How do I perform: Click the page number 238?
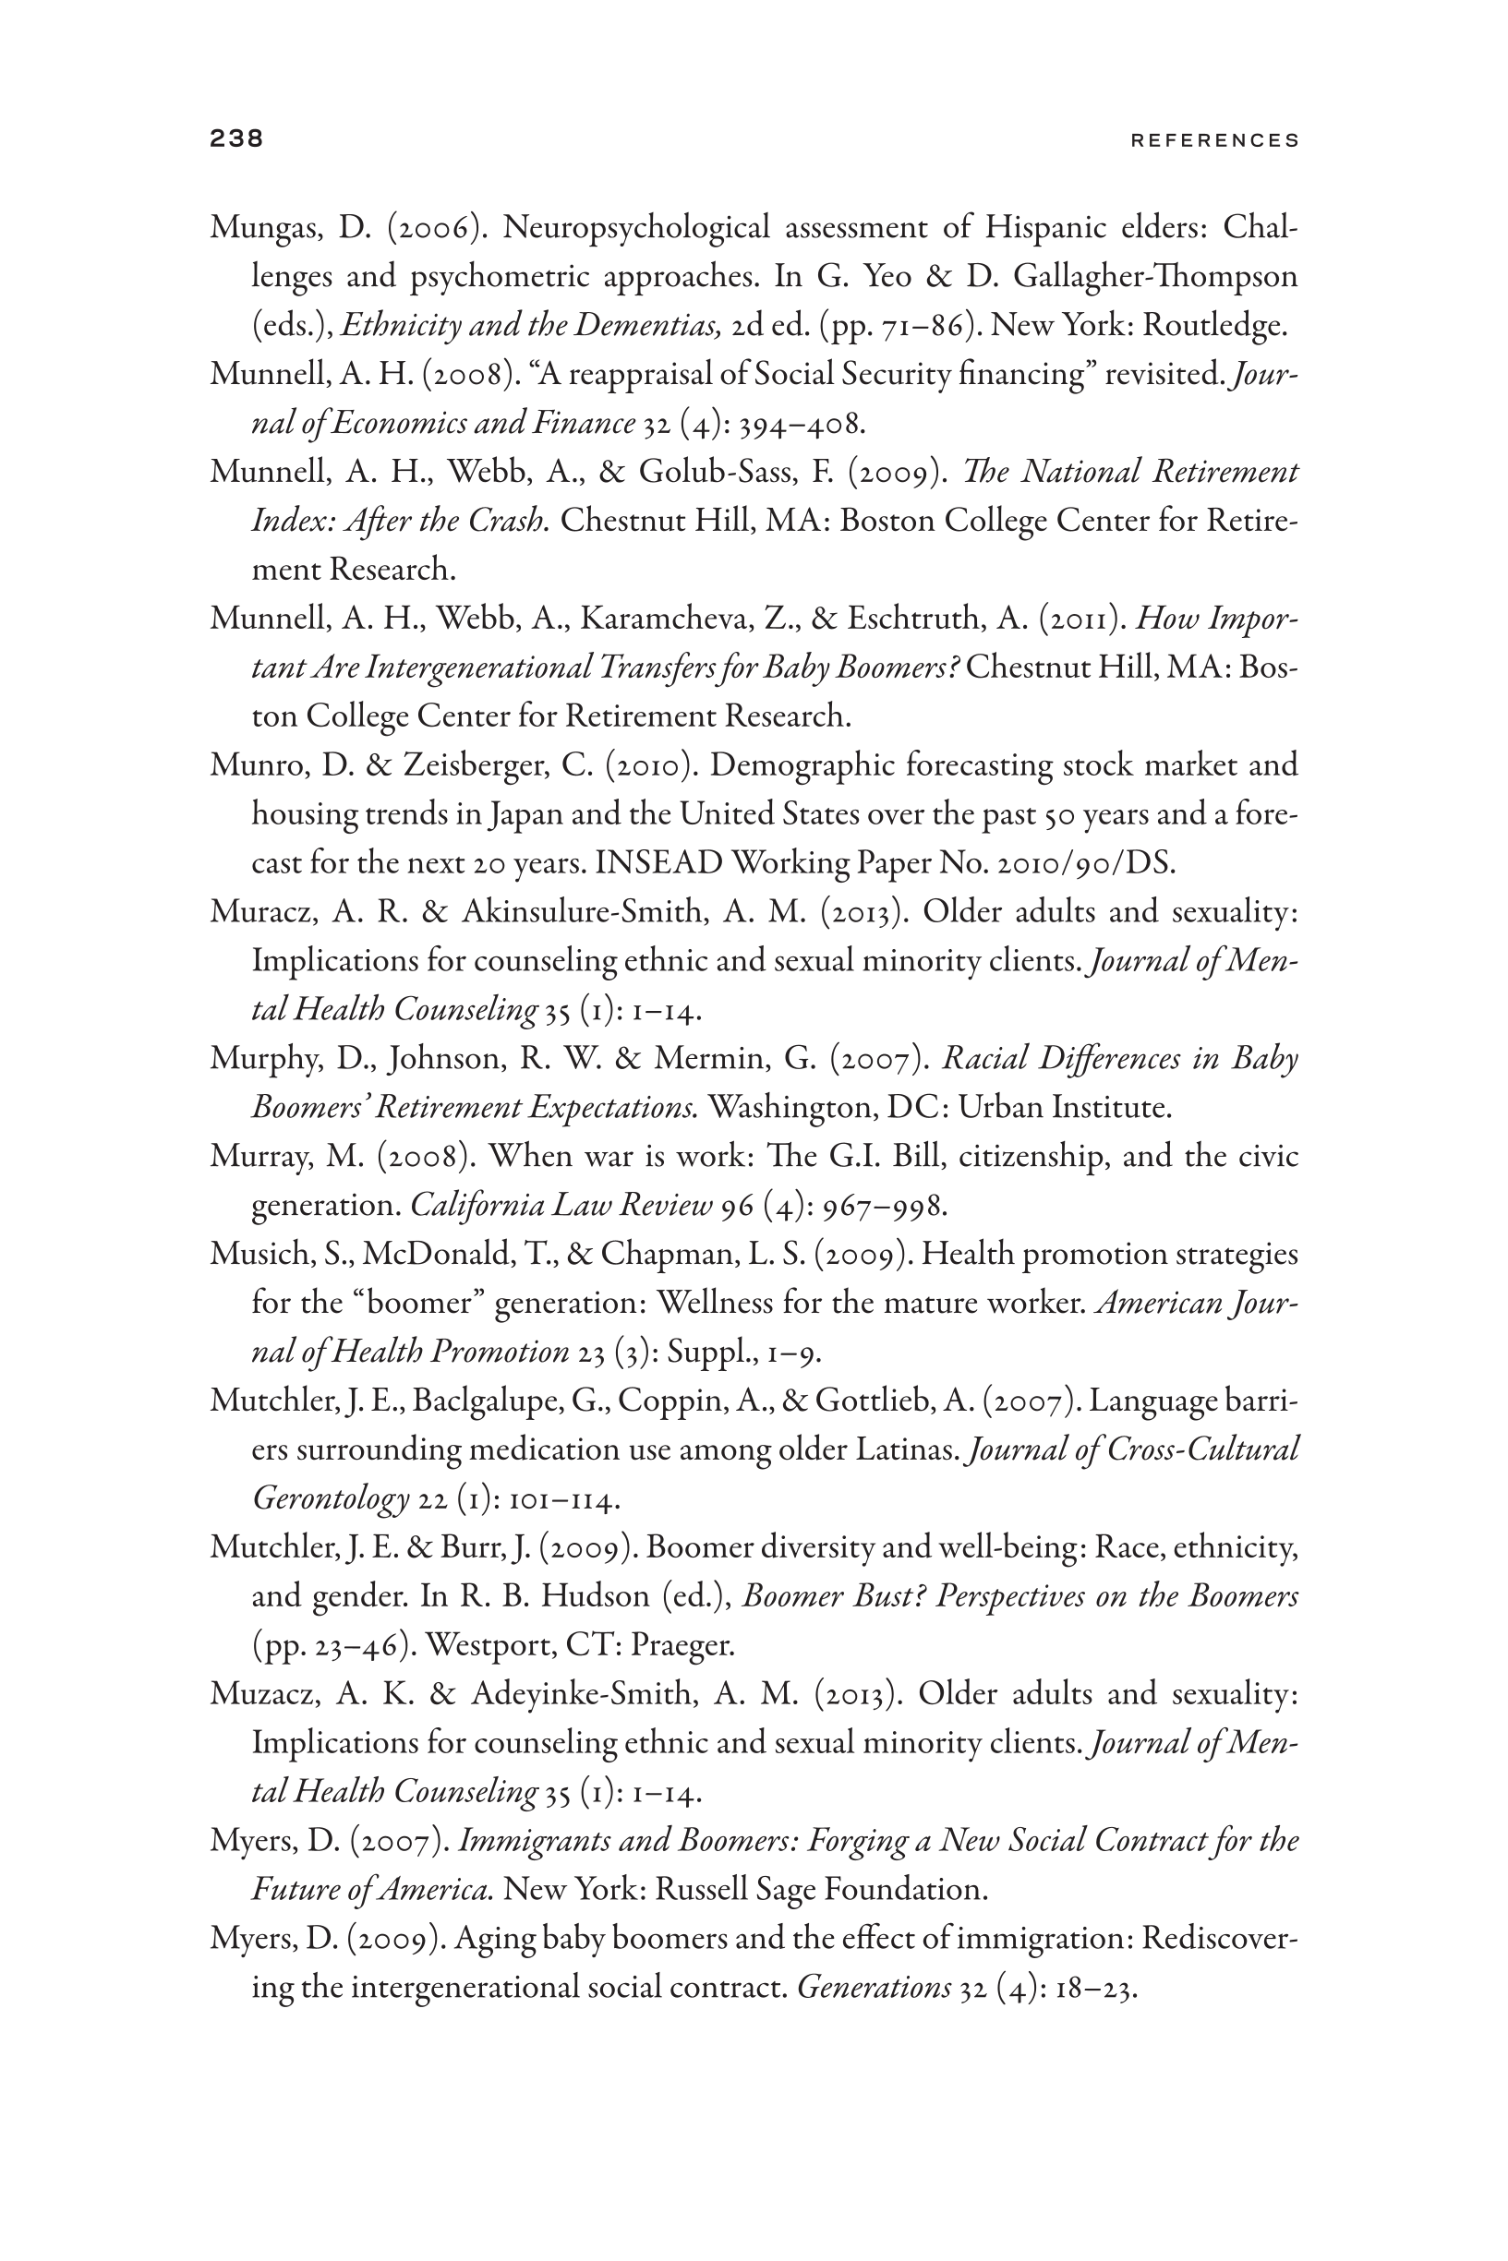pos(235,138)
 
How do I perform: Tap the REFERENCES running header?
pos(1214,140)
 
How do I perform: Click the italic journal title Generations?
pos(874,1987)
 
